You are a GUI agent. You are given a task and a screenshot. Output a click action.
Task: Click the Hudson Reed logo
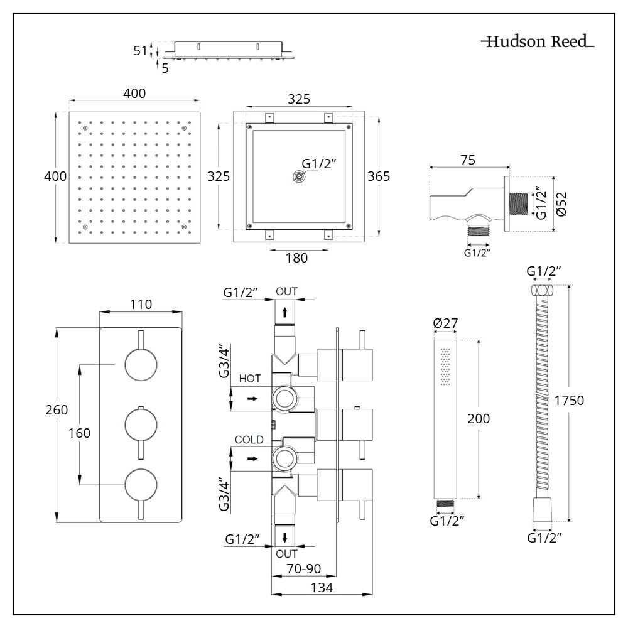click(x=538, y=43)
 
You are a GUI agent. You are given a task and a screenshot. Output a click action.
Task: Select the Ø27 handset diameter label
click(x=446, y=324)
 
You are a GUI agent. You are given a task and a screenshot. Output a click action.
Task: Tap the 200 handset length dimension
click(x=479, y=418)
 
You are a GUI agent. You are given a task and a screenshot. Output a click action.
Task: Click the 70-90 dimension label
click(x=304, y=569)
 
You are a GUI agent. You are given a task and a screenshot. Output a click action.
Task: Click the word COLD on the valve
click(x=249, y=440)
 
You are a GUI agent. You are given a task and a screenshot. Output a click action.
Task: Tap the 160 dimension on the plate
click(x=80, y=433)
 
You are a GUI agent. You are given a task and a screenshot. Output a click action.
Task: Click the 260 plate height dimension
click(x=55, y=410)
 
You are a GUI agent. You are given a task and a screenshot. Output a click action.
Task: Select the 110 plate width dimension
click(x=141, y=305)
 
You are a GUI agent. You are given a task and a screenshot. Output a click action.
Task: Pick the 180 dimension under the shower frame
click(x=296, y=257)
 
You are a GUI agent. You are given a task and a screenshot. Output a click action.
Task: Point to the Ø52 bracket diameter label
click(x=561, y=204)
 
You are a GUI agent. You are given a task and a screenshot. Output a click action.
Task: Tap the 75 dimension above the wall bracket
click(x=467, y=160)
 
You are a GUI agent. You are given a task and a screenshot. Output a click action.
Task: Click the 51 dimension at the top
click(x=141, y=51)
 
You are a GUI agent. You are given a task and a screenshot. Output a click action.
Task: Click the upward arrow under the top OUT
click(x=285, y=311)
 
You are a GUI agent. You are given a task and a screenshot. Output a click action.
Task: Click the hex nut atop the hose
click(x=543, y=291)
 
